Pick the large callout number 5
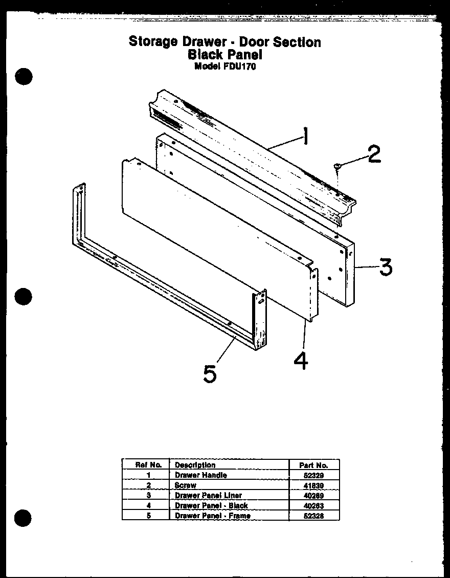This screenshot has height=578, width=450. (x=210, y=373)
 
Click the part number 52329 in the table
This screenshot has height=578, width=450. (x=313, y=475)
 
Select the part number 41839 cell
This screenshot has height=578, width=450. (x=313, y=485)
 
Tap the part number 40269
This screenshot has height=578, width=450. (x=313, y=496)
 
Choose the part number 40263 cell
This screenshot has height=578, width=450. (x=313, y=506)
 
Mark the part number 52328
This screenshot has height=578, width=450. (x=313, y=516)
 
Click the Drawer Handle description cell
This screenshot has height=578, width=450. (x=200, y=475)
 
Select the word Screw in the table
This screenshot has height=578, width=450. (x=185, y=485)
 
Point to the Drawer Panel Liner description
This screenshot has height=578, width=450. (x=208, y=496)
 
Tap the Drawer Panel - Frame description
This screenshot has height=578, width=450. (x=213, y=516)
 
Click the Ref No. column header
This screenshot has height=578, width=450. (x=148, y=465)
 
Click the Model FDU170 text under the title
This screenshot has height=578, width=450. (x=224, y=66)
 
